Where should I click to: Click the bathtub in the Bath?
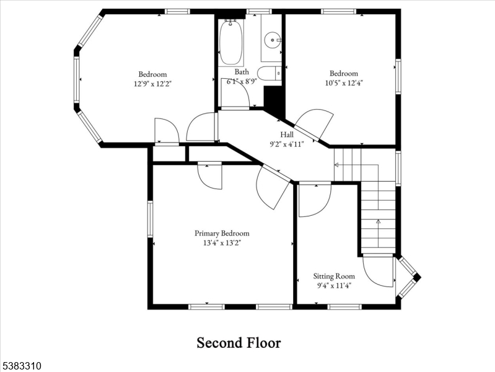231,42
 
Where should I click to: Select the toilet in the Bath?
269,74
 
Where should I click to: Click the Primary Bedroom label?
222,233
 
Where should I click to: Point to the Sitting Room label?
334,276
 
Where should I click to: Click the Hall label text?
287,134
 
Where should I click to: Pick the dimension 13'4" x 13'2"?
222,243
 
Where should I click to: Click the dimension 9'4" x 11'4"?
334,285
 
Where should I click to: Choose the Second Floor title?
239,342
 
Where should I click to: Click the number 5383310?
21,366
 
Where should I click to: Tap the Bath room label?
242,72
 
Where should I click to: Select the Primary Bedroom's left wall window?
150,218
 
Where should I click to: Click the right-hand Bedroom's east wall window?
398,76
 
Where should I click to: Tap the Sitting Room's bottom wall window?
344,306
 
